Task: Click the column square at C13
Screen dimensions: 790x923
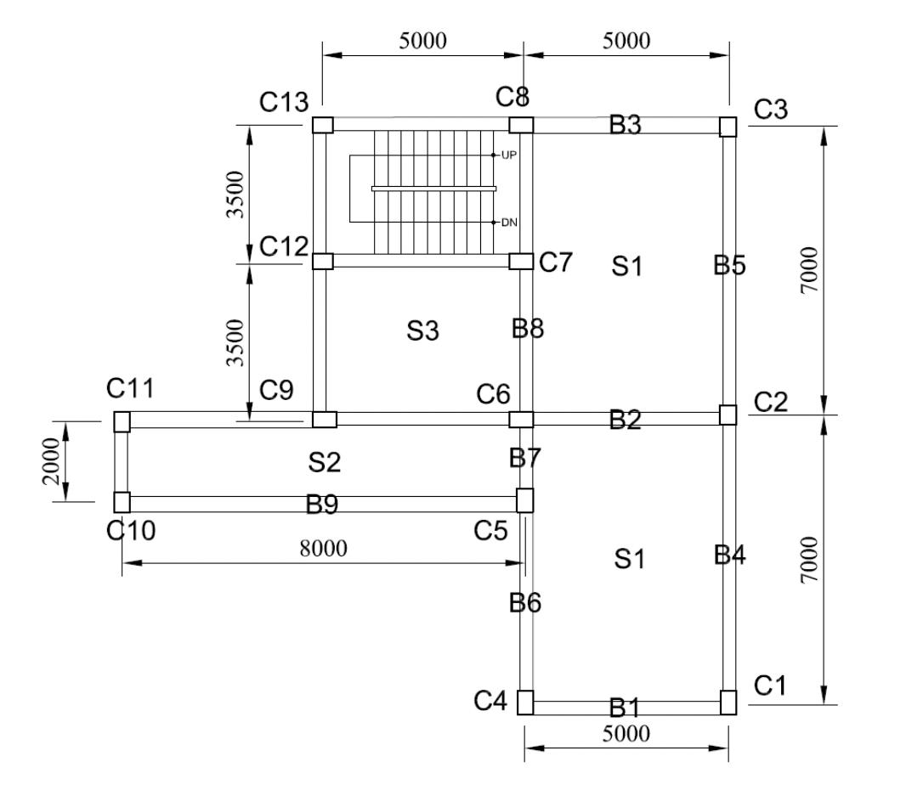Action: pos(323,126)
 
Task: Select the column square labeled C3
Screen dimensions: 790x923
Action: pos(728,127)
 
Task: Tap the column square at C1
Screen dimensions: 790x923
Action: pos(728,703)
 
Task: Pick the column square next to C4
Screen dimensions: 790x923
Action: pos(525,703)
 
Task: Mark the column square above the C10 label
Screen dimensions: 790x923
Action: pos(122,501)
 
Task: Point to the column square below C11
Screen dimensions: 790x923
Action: pos(122,421)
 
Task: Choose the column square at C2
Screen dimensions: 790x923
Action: pos(728,415)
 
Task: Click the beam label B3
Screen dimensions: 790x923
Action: pos(626,125)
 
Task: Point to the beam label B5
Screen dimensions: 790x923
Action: pos(730,266)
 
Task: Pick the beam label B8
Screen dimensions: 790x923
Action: pos(528,328)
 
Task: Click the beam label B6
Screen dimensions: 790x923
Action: pos(525,602)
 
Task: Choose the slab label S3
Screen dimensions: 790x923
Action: pos(422,332)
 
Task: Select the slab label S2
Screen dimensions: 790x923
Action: pos(324,463)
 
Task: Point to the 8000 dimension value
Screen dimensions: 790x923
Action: pos(323,548)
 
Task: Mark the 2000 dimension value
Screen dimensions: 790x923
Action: pos(53,461)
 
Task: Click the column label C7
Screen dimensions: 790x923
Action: pos(556,262)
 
